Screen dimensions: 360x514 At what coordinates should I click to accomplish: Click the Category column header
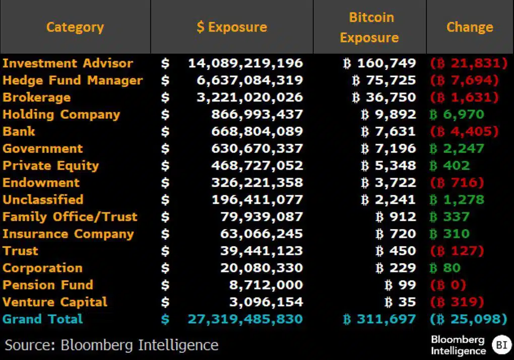click(x=75, y=27)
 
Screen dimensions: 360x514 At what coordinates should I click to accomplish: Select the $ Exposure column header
click(x=232, y=27)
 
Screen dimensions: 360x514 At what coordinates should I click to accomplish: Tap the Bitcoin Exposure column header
click(x=369, y=27)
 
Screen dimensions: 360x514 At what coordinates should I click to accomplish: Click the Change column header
click(x=470, y=27)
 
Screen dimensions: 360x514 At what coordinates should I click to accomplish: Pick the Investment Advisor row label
click(x=68, y=63)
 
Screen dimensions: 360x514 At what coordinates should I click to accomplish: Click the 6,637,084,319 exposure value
click(x=249, y=81)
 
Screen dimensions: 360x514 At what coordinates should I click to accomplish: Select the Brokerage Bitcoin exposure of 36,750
click(x=384, y=98)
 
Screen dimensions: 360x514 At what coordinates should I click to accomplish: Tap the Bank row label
click(x=19, y=132)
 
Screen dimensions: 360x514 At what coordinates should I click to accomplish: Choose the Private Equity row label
click(x=51, y=166)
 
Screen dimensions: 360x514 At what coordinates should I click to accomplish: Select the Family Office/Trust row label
click(x=70, y=217)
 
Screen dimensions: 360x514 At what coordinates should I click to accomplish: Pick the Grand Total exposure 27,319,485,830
click(x=245, y=319)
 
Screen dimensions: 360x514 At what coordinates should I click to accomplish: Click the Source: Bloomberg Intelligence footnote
click(x=112, y=345)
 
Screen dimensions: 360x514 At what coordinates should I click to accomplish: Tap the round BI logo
click(x=501, y=345)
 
